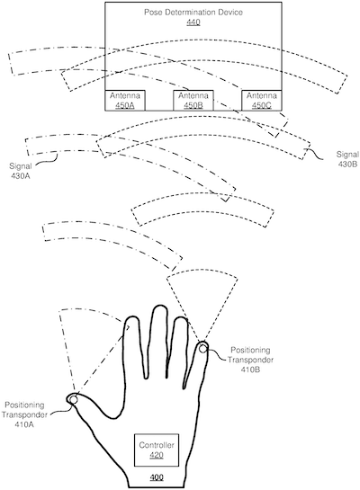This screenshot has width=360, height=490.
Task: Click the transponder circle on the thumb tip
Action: point(72,399)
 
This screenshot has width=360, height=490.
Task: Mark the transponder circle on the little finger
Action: point(203,347)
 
